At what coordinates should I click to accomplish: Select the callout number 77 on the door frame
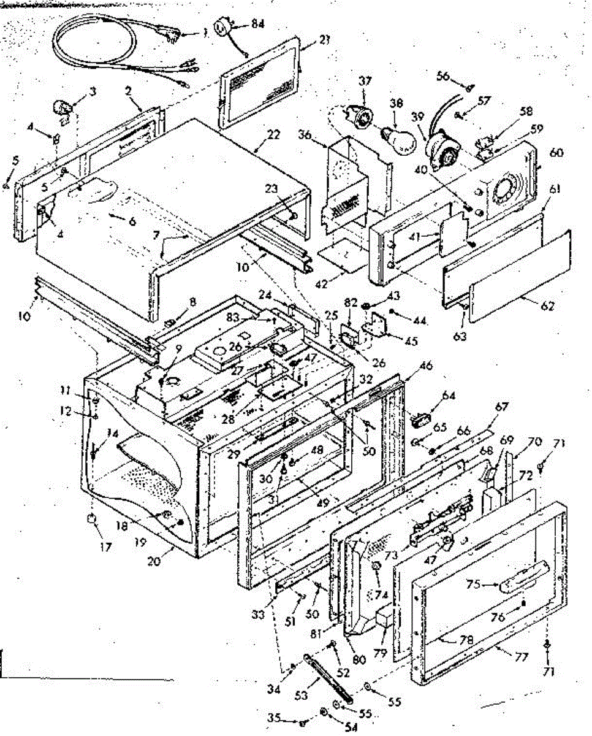[x=521, y=657]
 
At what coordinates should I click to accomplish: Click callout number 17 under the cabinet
[x=107, y=546]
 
